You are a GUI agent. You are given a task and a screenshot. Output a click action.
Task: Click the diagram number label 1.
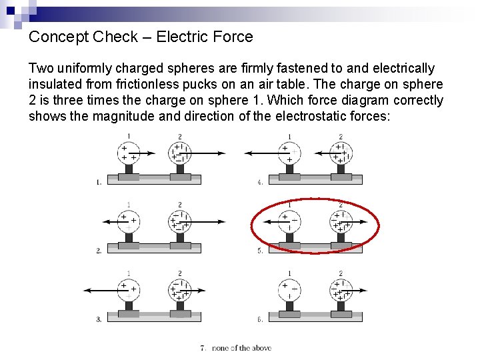pyautogui.click(x=99, y=181)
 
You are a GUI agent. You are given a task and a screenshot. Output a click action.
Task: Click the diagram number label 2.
pyautogui.click(x=99, y=251)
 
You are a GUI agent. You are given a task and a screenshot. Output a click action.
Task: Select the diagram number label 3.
pyautogui.click(x=99, y=319)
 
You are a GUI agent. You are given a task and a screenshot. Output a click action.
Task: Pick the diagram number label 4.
pyautogui.click(x=260, y=181)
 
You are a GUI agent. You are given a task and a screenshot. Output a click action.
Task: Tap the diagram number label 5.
pyautogui.click(x=260, y=251)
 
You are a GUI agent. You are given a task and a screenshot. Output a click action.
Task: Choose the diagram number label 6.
pyautogui.click(x=260, y=319)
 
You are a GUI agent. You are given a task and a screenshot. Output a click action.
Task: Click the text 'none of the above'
pyautogui.click(x=241, y=348)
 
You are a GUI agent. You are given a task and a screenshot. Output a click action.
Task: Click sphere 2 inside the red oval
pyautogui.click(x=341, y=221)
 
